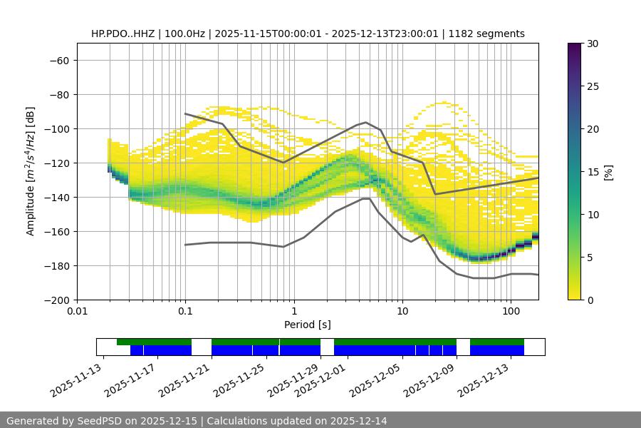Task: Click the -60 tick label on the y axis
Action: pyautogui.click(x=58, y=60)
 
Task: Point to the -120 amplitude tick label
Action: pyautogui.click(x=56, y=163)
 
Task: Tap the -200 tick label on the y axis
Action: pyautogui.click(x=56, y=300)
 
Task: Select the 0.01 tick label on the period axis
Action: pyautogui.click(x=77, y=312)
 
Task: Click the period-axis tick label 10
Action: pyautogui.click(x=402, y=312)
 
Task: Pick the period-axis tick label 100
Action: pyautogui.click(x=511, y=312)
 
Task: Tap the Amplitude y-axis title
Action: pyautogui.click(x=30, y=171)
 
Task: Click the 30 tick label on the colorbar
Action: pyautogui.click(x=593, y=44)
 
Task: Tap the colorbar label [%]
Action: pyautogui.click(x=608, y=171)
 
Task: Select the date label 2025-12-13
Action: pyautogui.click(x=487, y=380)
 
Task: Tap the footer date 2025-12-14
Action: pyautogui.click(x=359, y=421)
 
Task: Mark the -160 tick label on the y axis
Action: pyautogui.click(x=56, y=231)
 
